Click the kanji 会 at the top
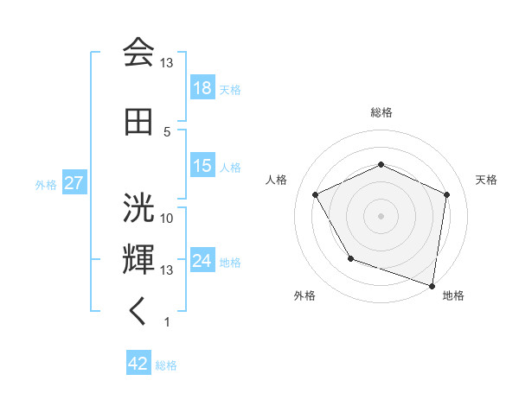point(138,54)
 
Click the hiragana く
point(138,312)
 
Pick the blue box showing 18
point(202,89)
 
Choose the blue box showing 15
point(202,166)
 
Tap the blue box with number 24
point(202,261)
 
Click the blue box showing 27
point(74,184)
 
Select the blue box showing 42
point(138,365)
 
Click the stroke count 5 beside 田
point(167,131)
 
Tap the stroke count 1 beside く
point(167,321)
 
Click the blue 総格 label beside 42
point(167,365)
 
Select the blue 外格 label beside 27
point(46,185)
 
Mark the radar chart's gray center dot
point(381,216)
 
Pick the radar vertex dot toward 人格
point(316,195)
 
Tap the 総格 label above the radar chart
point(381,112)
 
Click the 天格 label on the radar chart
point(487,180)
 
